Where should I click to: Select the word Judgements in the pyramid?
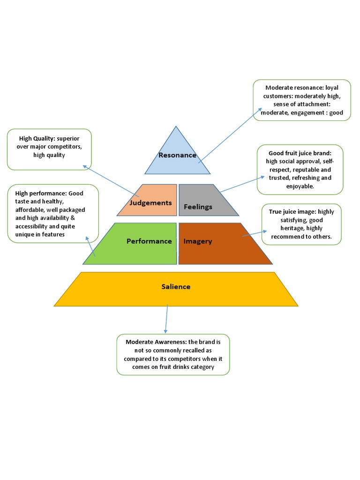click(x=151, y=203)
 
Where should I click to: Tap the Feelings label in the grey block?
click(x=198, y=207)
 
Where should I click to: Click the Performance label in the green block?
click(x=149, y=241)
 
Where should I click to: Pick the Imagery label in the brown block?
click(x=198, y=241)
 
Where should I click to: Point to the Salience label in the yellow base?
click(x=176, y=286)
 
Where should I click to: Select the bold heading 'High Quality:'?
click(x=37, y=138)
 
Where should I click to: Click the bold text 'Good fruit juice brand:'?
click(x=300, y=153)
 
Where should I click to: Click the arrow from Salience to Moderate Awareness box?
click(x=166, y=320)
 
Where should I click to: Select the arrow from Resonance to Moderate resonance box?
click(x=230, y=136)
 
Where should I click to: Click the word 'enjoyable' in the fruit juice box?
click(x=300, y=187)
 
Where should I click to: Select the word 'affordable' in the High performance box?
click(x=30, y=210)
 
